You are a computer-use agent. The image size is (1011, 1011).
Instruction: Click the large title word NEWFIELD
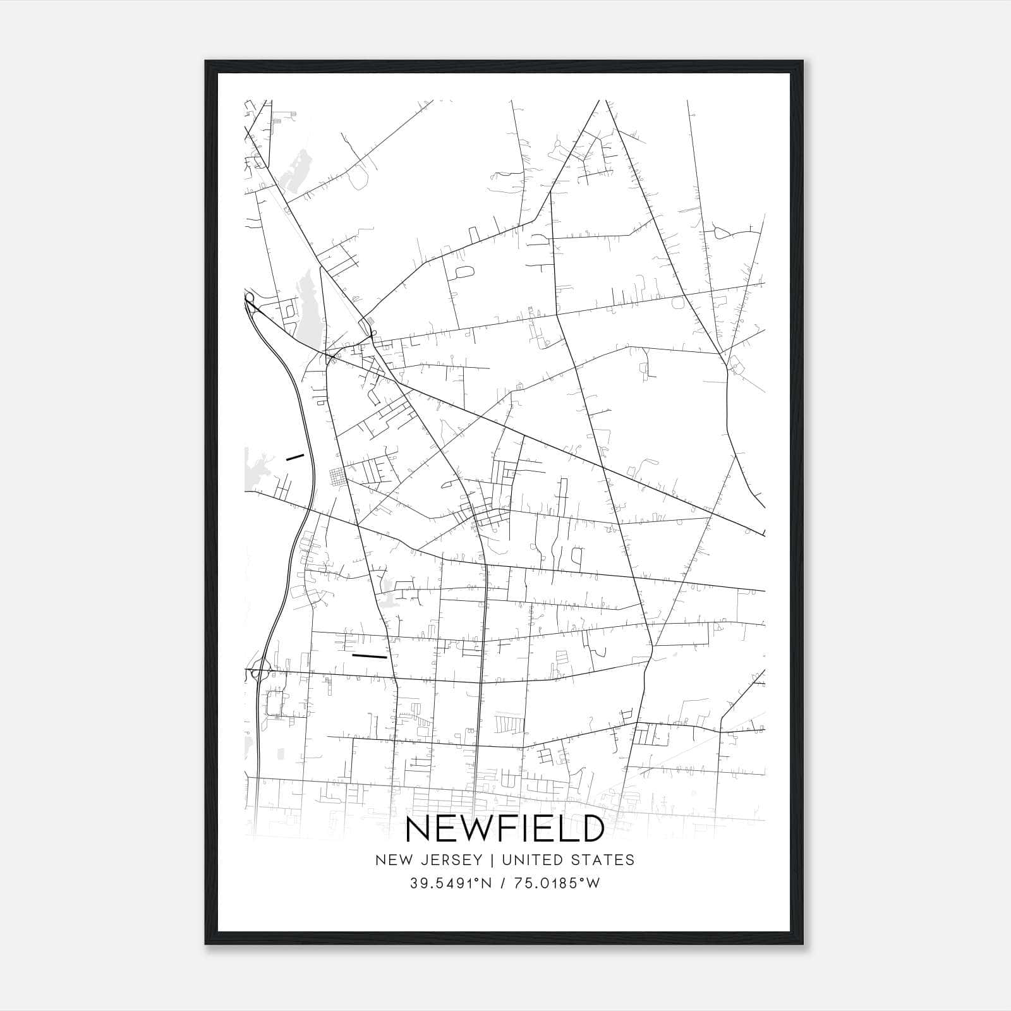505,829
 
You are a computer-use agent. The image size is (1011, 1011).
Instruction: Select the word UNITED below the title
528,860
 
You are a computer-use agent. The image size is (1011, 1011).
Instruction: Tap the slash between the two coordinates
504,883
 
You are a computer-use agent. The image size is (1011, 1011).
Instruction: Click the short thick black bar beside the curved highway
295,457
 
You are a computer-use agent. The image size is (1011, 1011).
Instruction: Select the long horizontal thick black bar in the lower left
369,656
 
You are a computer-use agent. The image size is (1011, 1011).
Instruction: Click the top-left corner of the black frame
207,62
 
